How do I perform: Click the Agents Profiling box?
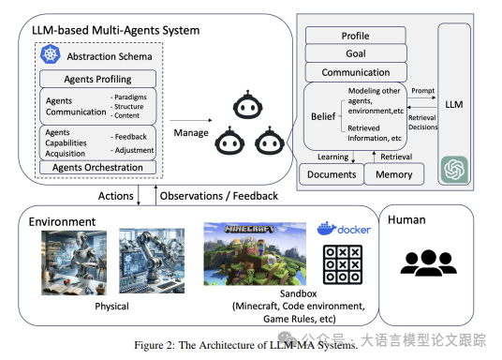97,79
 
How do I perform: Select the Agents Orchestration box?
97,167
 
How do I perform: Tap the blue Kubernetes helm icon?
51,54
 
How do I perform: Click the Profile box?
355,36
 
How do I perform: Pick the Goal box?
356,53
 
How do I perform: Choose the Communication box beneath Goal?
356,72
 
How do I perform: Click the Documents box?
332,174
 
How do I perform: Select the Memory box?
393,174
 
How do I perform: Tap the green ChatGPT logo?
454,169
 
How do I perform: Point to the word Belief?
323,116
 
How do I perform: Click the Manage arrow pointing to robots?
191,120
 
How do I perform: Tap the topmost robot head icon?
248,105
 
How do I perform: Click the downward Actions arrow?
139,195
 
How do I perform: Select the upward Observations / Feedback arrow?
155,195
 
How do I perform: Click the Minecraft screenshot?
255,254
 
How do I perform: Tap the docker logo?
344,229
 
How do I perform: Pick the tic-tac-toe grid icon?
343,264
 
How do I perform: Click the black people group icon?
428,262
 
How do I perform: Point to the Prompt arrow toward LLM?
421,97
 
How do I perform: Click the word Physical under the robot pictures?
111,307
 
